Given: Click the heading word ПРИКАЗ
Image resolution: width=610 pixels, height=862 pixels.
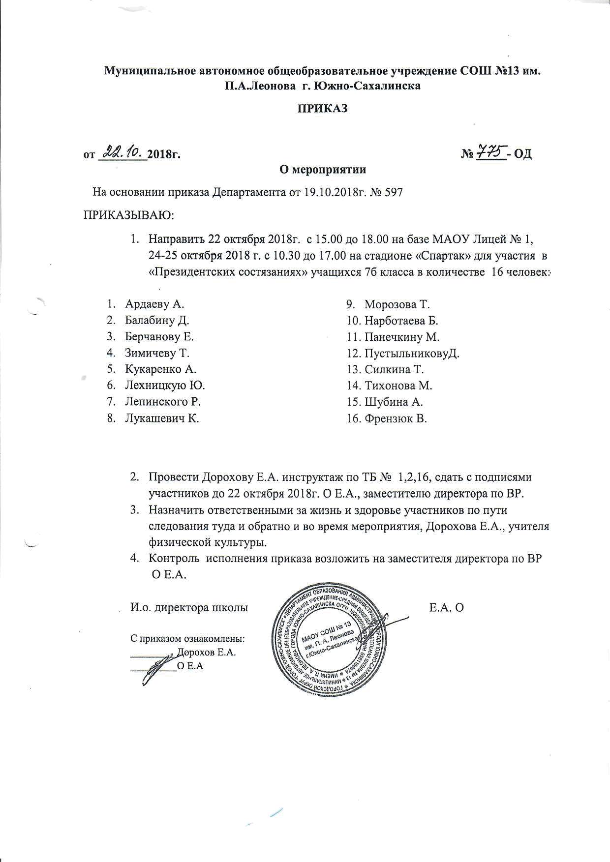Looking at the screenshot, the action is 321,108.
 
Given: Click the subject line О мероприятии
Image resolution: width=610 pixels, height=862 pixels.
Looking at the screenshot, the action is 323,170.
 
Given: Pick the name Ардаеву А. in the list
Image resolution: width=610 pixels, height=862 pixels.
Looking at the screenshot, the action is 154,304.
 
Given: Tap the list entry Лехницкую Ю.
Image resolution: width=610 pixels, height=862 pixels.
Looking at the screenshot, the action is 165,385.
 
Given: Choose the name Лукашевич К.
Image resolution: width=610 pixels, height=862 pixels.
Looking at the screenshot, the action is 162,418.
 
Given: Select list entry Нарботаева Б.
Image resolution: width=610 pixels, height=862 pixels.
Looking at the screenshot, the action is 401,321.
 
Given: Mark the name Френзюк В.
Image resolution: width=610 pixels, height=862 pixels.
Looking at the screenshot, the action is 396,418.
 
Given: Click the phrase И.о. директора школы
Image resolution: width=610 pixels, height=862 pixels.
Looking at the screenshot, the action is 189,607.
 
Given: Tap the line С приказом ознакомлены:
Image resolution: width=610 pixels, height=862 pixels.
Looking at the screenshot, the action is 187,639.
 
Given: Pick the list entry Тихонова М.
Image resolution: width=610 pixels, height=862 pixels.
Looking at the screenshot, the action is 398,386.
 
